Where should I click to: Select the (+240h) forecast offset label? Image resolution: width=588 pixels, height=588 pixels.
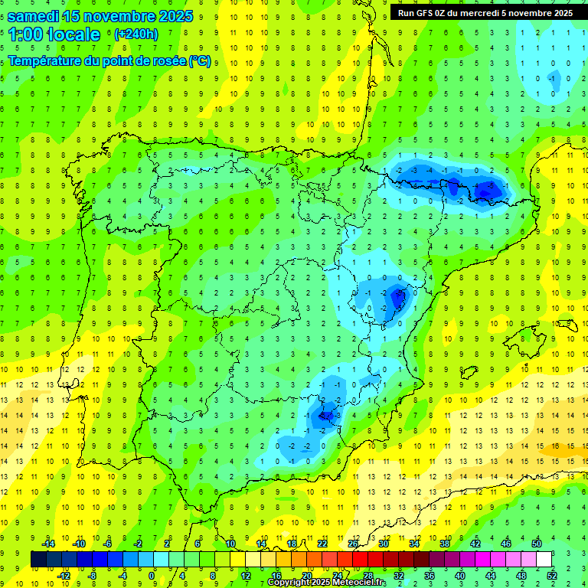[136, 34]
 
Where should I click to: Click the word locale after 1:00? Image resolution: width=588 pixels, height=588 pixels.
[73, 34]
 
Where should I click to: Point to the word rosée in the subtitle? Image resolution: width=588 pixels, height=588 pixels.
[165, 61]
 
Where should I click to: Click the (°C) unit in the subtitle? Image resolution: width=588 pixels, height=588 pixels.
[200, 61]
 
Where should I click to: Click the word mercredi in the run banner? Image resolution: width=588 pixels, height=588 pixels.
[486, 13]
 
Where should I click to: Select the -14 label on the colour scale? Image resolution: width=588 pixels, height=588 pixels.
[47, 544]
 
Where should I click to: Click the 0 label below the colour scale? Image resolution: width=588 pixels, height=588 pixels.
[152, 576]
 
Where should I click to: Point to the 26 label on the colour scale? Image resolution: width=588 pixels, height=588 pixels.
[353, 544]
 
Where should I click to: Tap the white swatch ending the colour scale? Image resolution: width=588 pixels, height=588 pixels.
[544, 560]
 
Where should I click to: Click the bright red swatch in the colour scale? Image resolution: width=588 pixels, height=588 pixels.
[361, 560]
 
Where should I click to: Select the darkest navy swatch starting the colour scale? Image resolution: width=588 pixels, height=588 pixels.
[38, 560]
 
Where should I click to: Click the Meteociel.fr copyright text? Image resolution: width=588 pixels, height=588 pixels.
[328, 583]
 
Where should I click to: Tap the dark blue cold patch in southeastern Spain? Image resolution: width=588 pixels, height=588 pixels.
[327, 414]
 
